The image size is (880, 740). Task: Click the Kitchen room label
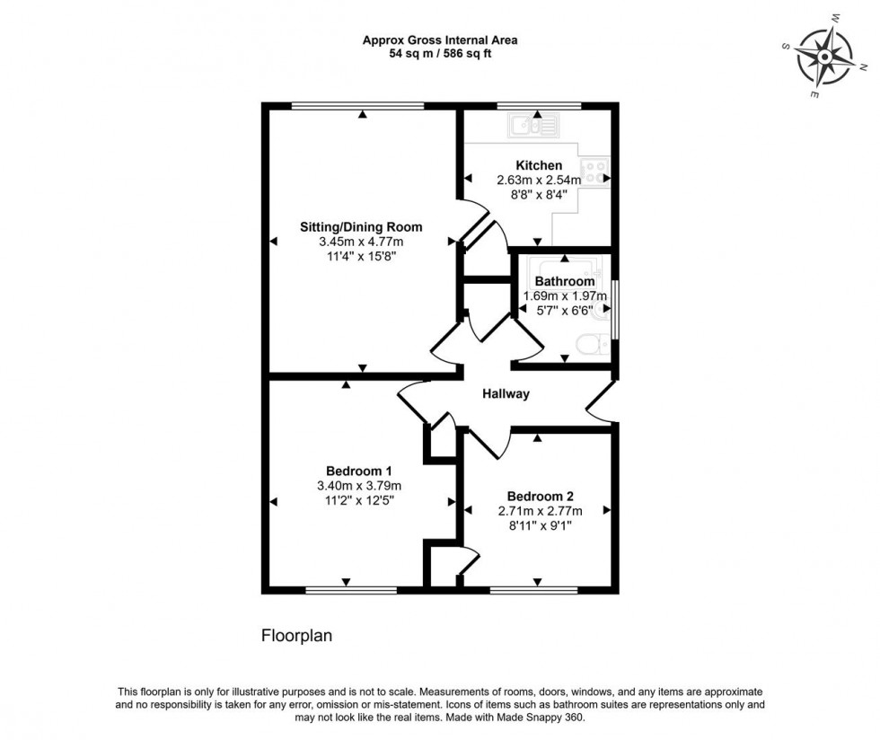pyautogui.click(x=539, y=165)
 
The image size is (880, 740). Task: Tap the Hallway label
pyautogui.click(x=506, y=394)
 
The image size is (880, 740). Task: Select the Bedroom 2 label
pyautogui.click(x=540, y=497)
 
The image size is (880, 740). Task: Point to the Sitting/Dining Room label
pyautogui.click(x=361, y=227)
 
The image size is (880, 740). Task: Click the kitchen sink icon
pyautogui.click(x=533, y=125)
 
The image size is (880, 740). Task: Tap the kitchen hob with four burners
pyautogui.click(x=595, y=172)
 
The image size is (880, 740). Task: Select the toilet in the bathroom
pyautogui.click(x=593, y=344)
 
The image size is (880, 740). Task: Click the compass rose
pyautogui.click(x=824, y=57)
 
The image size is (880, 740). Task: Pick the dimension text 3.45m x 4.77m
pyautogui.click(x=361, y=242)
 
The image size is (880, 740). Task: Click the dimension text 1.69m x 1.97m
pyautogui.click(x=565, y=295)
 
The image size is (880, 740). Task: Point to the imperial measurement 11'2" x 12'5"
pyautogui.click(x=359, y=500)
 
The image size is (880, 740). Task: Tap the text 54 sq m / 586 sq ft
pyautogui.click(x=440, y=54)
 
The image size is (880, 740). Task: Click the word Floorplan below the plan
pyautogui.click(x=297, y=636)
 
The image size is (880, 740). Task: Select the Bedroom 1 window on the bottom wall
pyautogui.click(x=351, y=590)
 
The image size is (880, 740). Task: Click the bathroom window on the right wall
pyautogui.click(x=615, y=309)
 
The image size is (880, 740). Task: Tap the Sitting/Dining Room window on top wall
pyautogui.click(x=358, y=106)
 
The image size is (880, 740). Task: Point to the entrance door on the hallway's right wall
pyautogui.click(x=602, y=401)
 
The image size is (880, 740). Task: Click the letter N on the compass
pyautogui.click(x=863, y=66)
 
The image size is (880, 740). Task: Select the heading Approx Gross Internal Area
pyautogui.click(x=440, y=40)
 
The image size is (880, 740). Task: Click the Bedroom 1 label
pyautogui.click(x=358, y=471)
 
